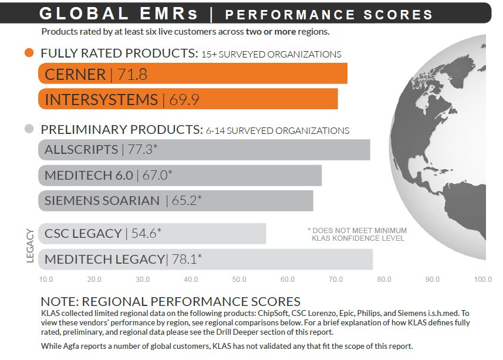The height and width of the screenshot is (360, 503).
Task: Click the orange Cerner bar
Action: [194, 75]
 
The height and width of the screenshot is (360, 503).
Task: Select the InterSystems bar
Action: [188, 99]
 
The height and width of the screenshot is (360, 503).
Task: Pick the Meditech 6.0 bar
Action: [180, 175]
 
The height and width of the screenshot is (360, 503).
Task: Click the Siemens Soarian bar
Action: [175, 200]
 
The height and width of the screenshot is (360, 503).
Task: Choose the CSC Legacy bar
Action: [152, 233]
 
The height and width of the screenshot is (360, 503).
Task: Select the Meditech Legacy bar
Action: [205, 259]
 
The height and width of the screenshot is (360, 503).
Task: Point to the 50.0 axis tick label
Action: [239, 280]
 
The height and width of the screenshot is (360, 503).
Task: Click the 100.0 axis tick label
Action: [483, 280]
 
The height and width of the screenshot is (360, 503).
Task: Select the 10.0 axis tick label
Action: [46, 280]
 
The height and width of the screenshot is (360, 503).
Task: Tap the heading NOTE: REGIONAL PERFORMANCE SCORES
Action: [170, 302]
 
